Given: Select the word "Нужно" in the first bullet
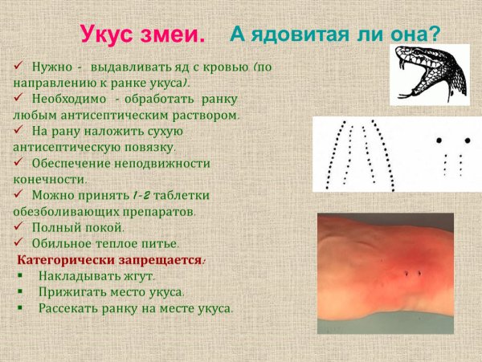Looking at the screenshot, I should click(x=52, y=64).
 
